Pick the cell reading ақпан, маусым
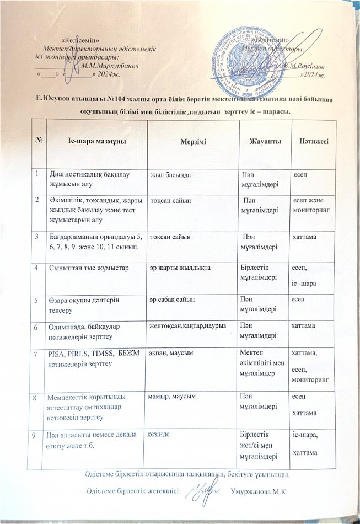click(x=172, y=353)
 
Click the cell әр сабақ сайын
click(x=172, y=298)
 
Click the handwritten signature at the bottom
click(x=201, y=489)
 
